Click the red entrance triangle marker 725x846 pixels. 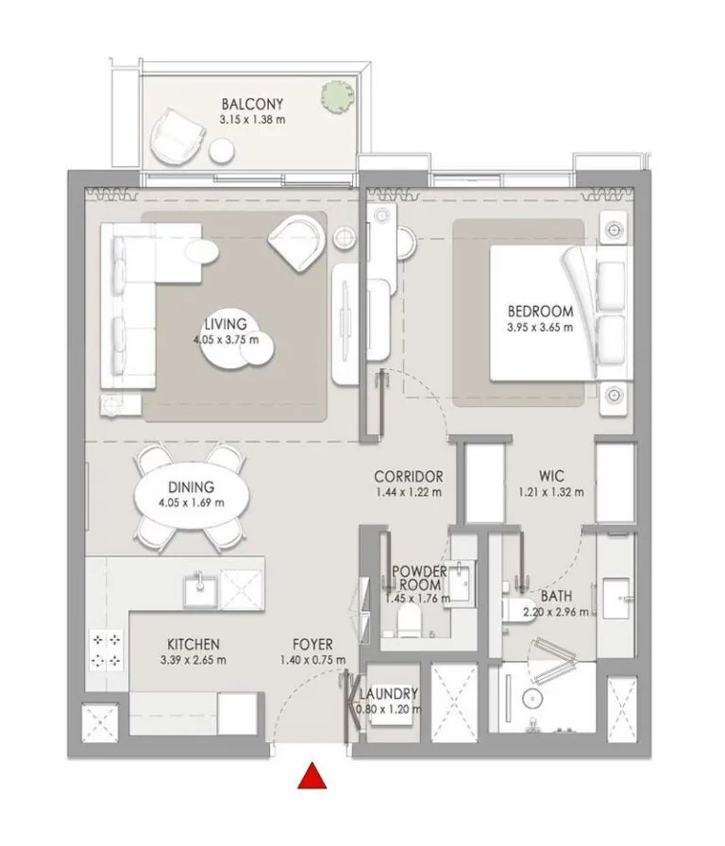coord(312,777)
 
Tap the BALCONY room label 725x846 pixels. coord(252,104)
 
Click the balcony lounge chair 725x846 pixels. coord(178,134)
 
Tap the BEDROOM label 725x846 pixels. coord(540,312)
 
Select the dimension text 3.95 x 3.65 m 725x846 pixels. coord(540,328)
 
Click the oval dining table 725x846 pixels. coord(192,495)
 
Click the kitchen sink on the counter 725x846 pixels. coord(199,591)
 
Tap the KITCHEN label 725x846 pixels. coord(194,644)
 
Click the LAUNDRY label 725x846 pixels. coord(388,694)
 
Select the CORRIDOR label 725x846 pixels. coord(408,477)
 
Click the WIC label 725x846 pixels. coord(551,477)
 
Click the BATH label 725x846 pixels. coord(555,597)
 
